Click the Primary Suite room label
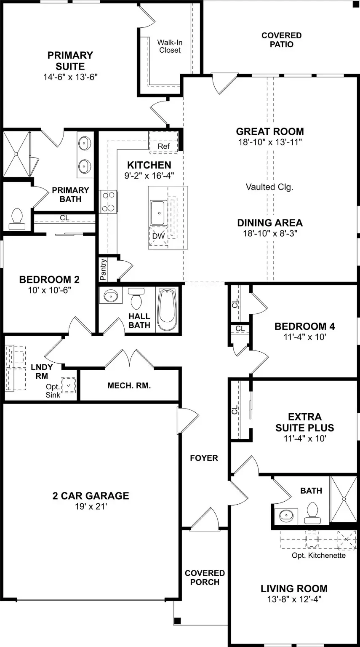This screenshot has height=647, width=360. (x=70, y=61)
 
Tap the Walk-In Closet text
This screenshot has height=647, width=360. (x=169, y=46)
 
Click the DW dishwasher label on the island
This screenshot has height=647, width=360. (x=158, y=237)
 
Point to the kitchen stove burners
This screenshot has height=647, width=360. (x=108, y=202)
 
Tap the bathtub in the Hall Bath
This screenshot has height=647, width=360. (x=167, y=310)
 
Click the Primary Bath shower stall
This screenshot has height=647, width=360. (x=16, y=155)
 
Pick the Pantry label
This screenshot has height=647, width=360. (x=104, y=270)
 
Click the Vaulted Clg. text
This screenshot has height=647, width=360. (x=269, y=187)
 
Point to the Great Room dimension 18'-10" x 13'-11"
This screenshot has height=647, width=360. (x=269, y=142)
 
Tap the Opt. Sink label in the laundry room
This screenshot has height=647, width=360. (x=53, y=390)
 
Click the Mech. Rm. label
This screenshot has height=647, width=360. (x=129, y=385)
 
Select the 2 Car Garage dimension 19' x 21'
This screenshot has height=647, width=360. (x=91, y=507)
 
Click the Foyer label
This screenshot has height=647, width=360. (x=204, y=458)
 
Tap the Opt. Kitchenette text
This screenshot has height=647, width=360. (x=318, y=555)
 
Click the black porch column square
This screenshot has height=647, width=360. (x=177, y=620)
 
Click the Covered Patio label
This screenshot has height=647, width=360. (x=281, y=40)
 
